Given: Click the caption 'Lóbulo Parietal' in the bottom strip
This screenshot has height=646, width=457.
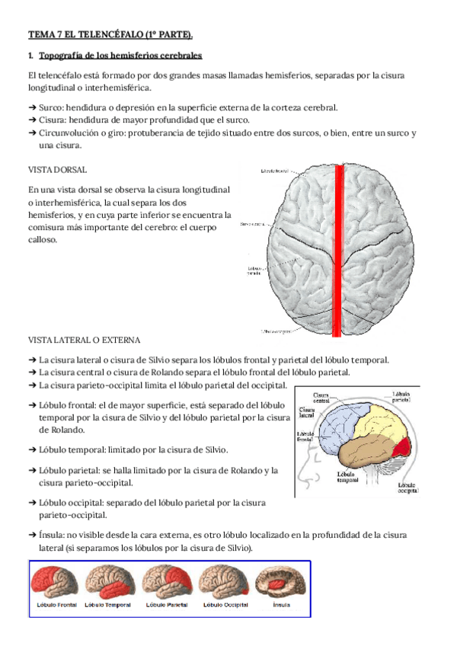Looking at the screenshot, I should point(166,605).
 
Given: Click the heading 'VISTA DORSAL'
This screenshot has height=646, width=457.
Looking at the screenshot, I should point(56,169).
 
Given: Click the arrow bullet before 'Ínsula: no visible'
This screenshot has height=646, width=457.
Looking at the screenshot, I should point(31,536).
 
